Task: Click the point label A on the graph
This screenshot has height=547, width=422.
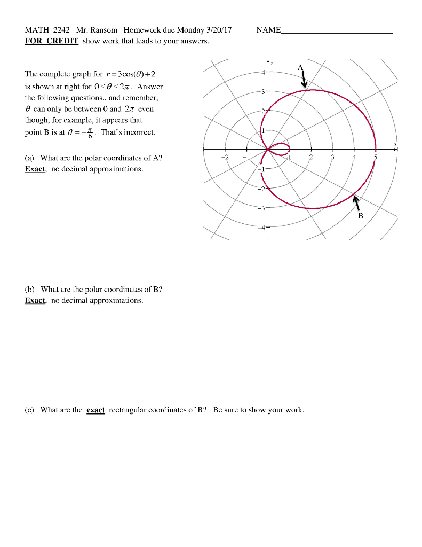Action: [300, 67]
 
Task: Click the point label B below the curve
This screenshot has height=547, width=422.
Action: [360, 216]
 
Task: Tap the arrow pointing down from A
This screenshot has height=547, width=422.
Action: [304, 79]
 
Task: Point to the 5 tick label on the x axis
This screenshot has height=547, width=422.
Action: [375, 158]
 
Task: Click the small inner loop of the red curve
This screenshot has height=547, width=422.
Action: [280, 148]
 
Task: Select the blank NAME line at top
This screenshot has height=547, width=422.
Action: [337, 30]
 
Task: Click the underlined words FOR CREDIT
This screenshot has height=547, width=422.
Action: [52, 41]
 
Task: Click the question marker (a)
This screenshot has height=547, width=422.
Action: [30, 158]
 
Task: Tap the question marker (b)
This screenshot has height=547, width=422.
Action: [30, 289]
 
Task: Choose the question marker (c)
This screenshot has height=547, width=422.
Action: [30, 410]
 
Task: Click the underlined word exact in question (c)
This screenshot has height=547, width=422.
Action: [95, 410]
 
